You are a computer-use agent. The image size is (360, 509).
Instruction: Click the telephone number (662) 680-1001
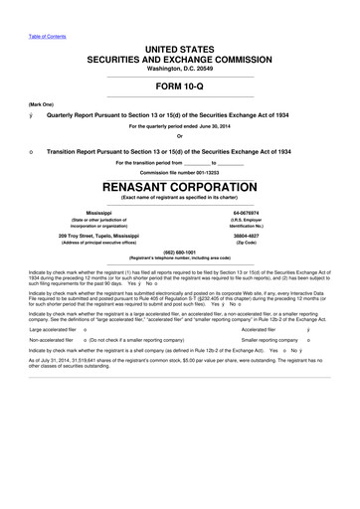[x=180, y=252]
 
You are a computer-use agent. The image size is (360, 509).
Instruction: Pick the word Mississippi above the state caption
[x=100, y=212]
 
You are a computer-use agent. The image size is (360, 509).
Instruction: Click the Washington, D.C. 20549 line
[x=180, y=68]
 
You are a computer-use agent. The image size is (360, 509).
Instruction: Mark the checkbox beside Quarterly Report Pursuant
[x=34, y=113]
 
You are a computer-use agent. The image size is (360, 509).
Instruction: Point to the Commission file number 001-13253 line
[x=180, y=172]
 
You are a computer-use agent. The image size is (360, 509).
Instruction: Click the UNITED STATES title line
[x=180, y=49]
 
